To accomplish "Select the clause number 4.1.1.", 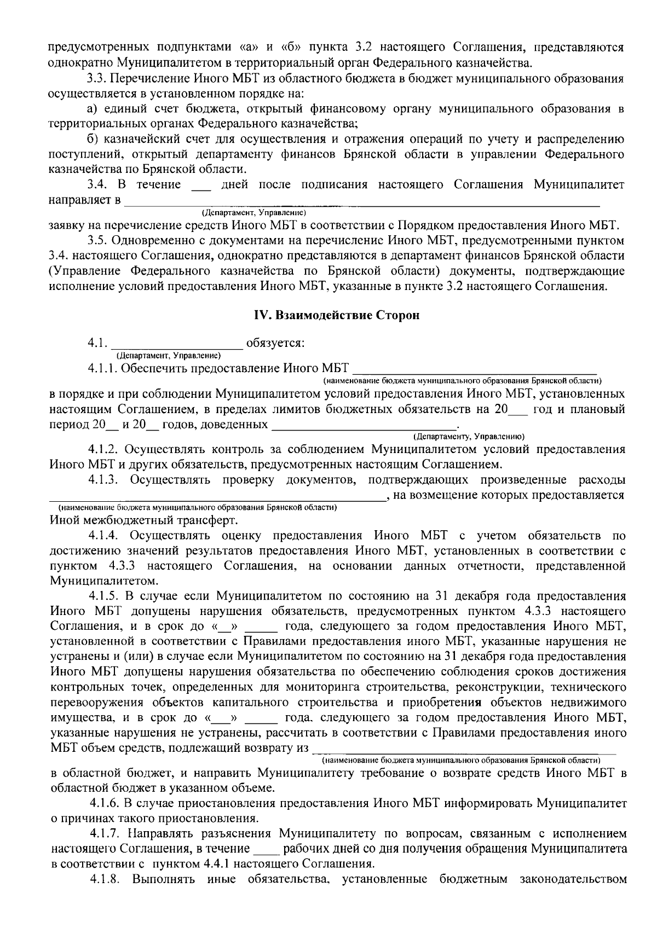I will coord(102,368).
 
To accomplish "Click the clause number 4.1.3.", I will coord(104,480).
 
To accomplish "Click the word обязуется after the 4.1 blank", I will coord(275,344).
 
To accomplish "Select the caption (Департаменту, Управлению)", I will coord(469,436).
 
